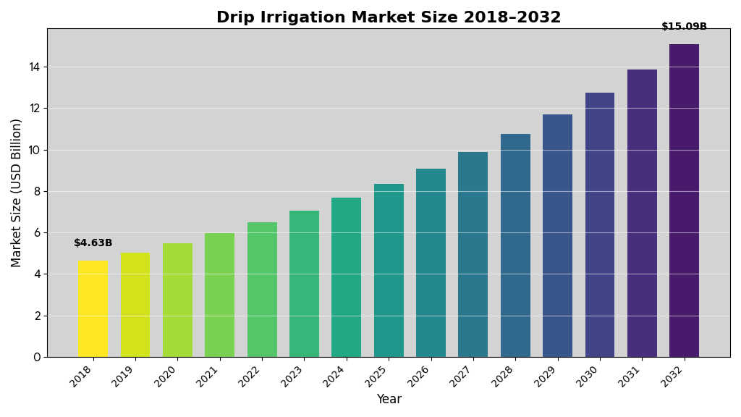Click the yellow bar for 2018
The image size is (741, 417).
(93, 309)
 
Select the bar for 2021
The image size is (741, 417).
(219, 295)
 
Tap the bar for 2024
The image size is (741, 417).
(346, 277)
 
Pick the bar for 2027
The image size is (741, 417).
(473, 255)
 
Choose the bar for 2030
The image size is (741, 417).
(600, 225)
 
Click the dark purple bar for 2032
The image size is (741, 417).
(684, 201)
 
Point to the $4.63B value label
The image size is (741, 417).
(93, 243)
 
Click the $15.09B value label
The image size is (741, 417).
(684, 27)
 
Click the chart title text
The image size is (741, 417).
(389, 17)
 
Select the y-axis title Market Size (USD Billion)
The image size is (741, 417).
(17, 193)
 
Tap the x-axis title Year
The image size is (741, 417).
(389, 399)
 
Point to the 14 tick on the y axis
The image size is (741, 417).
(34, 67)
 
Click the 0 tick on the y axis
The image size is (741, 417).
(37, 357)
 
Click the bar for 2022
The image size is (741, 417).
(262, 290)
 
